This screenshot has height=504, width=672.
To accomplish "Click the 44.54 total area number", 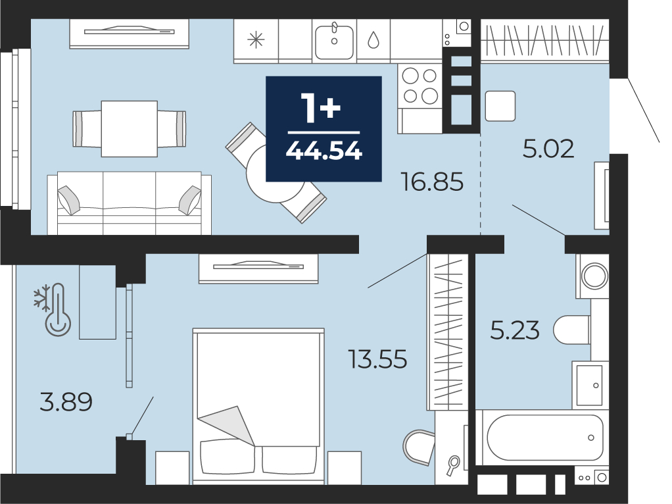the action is tap(324, 151).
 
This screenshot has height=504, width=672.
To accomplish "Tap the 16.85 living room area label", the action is tap(432, 182).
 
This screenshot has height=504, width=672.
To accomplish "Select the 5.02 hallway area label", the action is tap(548, 149).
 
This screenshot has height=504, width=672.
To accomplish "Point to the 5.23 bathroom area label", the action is tap(515, 331).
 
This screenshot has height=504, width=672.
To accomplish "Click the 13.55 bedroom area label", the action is tap(377, 359).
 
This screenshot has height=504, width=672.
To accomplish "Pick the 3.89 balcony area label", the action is tap(66, 402).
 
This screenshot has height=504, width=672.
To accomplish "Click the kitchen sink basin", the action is tap(334, 41).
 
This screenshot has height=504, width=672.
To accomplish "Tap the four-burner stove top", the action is tap(420, 86).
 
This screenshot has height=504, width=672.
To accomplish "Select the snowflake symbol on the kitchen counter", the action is tap(256, 40).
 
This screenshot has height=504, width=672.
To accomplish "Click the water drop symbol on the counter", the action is tap(373, 40).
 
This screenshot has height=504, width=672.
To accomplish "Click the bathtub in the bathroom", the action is tap(544, 438).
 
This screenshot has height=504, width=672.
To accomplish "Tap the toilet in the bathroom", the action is tap(571, 330).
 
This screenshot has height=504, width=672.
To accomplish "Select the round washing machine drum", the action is tap(594, 276).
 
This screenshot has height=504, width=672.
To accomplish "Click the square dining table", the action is tap(130, 129).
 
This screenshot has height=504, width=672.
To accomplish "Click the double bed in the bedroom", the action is tap(258, 406).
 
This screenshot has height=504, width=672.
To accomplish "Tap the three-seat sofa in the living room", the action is tap(130, 203).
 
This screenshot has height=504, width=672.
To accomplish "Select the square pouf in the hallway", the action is tap(500, 106).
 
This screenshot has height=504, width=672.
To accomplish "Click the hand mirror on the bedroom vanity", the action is tap(452, 465).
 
